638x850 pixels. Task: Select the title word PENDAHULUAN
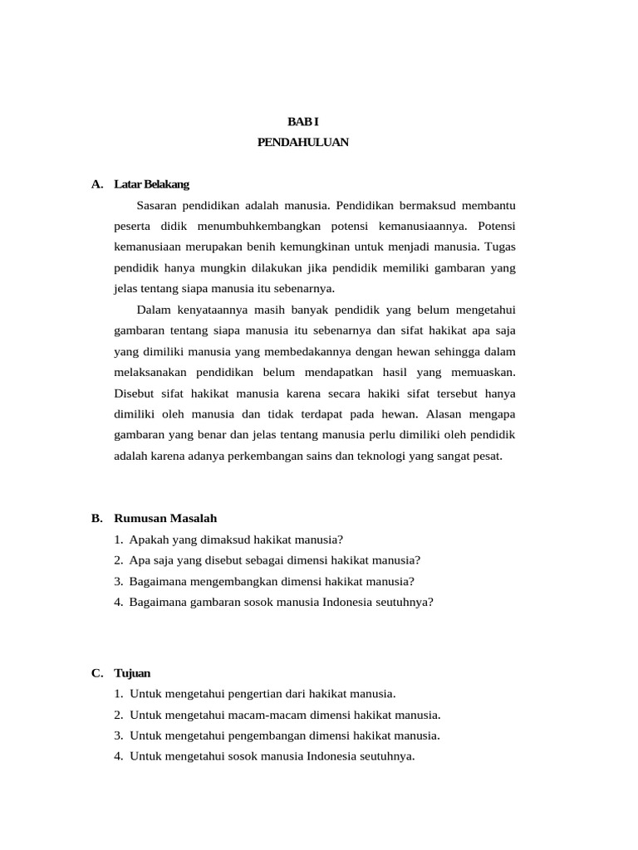(x=303, y=143)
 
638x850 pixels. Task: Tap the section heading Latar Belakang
(x=152, y=183)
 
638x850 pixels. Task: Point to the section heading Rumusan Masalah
(x=165, y=518)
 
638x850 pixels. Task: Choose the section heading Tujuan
(x=133, y=672)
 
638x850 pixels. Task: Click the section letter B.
(x=96, y=518)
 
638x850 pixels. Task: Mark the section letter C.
(x=96, y=672)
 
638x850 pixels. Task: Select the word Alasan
(x=457, y=413)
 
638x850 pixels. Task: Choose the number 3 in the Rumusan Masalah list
(x=119, y=581)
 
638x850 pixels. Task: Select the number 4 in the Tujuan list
(x=119, y=756)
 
